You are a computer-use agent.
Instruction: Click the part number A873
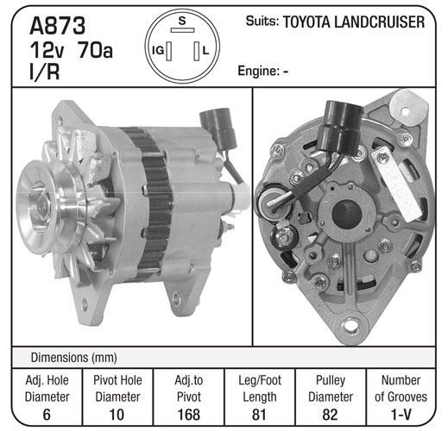pos(58,26)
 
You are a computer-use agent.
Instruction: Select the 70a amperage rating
pos(95,50)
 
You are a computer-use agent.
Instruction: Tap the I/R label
pos(45,72)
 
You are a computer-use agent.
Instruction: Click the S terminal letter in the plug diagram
pos(182,21)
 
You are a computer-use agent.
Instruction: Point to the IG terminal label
pos(158,51)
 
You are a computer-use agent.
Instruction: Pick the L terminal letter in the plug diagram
pos(205,51)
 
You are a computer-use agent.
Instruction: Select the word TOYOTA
pos(306,22)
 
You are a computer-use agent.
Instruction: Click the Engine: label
pos(259,71)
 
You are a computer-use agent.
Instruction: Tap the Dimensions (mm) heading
pos(74,358)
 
